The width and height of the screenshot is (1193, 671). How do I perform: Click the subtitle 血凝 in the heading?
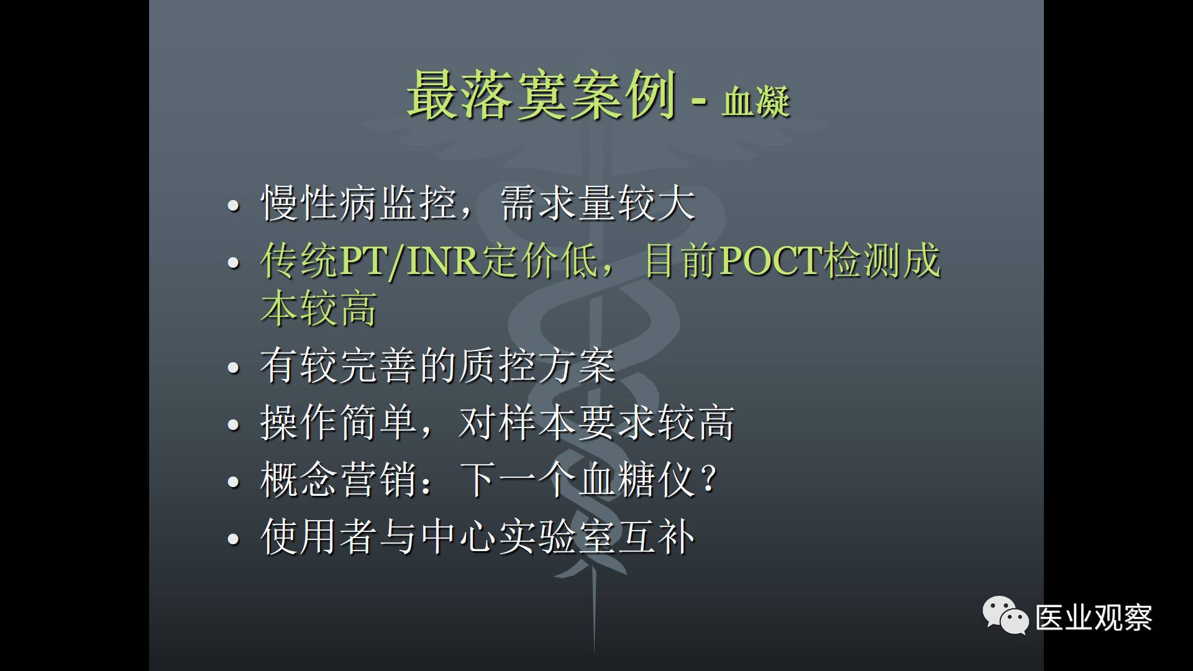756,101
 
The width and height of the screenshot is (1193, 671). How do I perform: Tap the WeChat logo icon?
1005,615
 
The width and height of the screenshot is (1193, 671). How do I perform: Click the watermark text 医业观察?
1094,618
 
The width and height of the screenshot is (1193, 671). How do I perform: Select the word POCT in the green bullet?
771,261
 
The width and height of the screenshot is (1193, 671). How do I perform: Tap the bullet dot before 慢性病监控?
234,206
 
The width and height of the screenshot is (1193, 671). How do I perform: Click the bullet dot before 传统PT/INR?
234,263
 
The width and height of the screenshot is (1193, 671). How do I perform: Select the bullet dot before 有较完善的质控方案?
234,368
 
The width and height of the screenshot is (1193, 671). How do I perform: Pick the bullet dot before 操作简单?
234,425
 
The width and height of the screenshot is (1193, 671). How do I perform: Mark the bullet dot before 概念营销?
234,482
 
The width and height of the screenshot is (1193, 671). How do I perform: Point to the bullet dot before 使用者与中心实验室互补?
234,538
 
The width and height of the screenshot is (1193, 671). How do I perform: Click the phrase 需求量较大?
597,203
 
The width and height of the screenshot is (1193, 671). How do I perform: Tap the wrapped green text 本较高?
319,308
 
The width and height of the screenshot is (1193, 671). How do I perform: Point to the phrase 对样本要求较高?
597,422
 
